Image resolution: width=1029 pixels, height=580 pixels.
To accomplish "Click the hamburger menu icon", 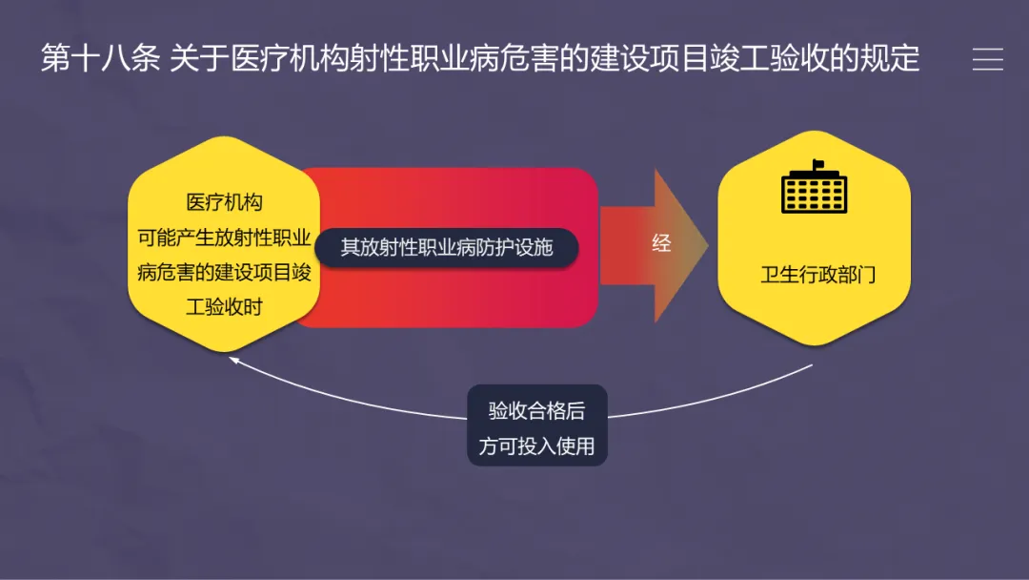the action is click(987, 59).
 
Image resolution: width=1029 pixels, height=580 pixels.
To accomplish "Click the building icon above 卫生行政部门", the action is click(814, 190).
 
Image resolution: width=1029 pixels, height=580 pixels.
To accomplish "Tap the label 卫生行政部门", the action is click(817, 276).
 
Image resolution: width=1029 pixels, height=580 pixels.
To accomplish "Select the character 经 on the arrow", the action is click(661, 243).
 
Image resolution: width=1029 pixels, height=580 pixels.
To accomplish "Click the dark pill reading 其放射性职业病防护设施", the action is click(447, 247).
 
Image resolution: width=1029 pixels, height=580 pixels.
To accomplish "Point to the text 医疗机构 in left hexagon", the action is click(224, 202).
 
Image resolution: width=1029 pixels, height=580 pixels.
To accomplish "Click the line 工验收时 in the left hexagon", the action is click(224, 306).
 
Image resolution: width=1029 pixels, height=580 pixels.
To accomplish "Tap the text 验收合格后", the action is click(536, 411).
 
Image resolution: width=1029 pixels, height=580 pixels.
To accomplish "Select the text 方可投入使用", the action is click(536, 445).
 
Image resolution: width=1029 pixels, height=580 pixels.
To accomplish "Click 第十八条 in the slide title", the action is click(100, 58).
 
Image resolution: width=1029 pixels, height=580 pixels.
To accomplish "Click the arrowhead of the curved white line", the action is click(232, 360).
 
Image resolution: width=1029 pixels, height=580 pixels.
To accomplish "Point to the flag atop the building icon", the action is click(817, 165).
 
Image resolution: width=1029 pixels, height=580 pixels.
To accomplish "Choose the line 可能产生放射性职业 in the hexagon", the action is click(224, 238).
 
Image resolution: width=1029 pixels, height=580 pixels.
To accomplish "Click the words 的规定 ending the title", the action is click(877, 58).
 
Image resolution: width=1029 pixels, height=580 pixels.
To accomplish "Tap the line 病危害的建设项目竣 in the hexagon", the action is click(224, 272).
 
